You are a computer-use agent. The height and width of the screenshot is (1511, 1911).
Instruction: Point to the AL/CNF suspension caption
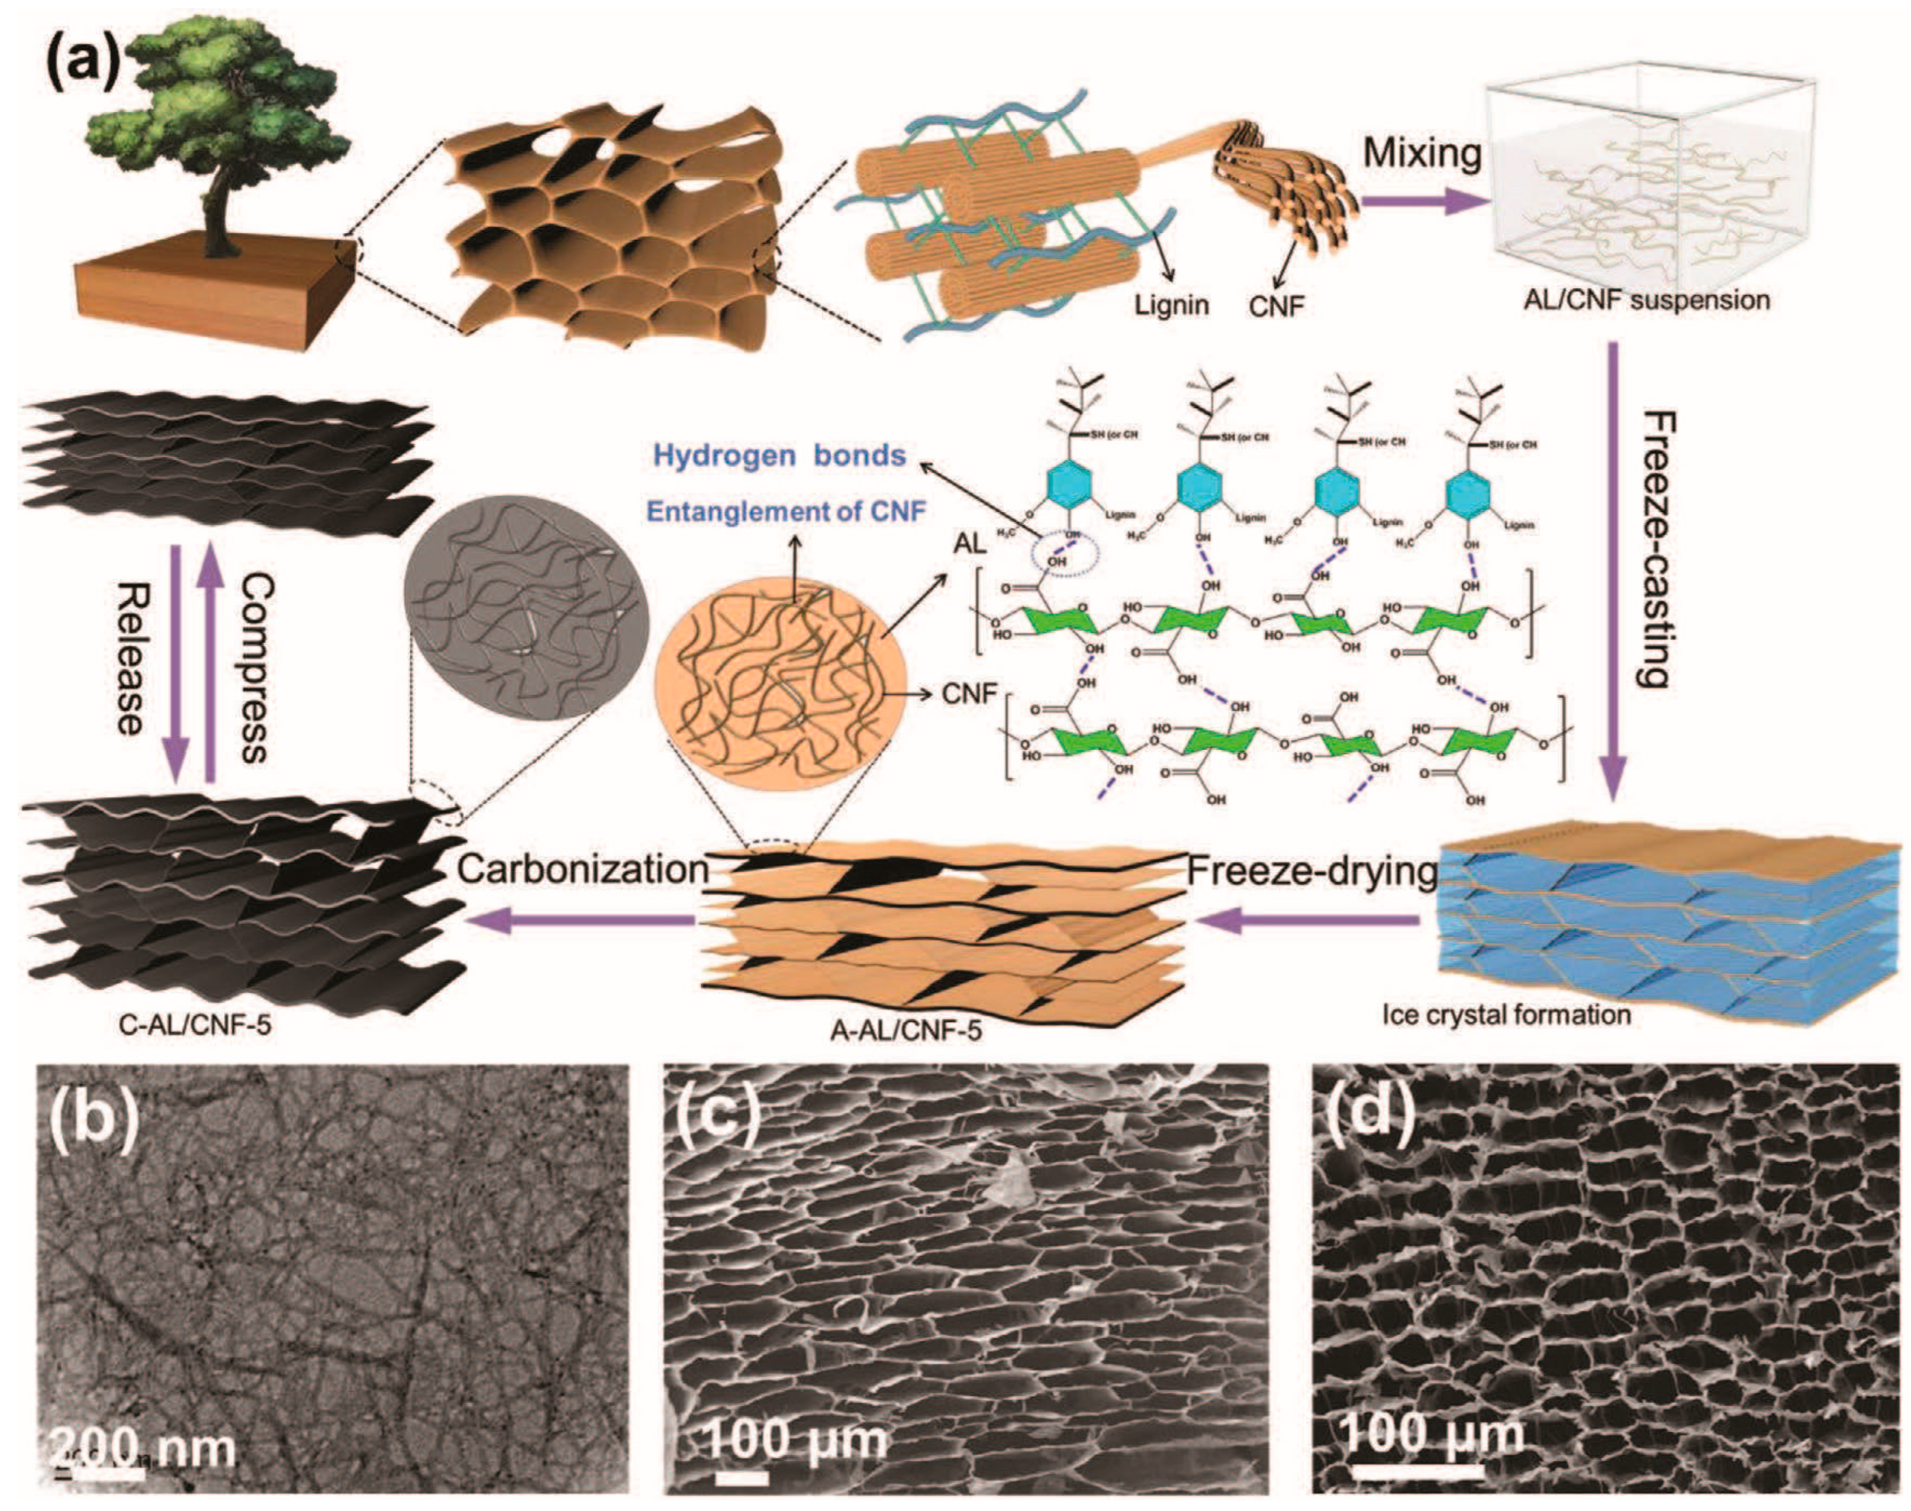tap(1646, 301)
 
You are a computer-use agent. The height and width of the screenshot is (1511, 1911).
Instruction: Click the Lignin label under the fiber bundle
tap(1171, 305)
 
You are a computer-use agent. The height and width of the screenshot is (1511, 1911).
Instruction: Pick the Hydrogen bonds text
tap(779, 456)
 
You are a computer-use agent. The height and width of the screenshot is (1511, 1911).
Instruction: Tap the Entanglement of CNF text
tap(785, 511)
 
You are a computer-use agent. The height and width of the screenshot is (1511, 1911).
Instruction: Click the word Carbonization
tap(583, 869)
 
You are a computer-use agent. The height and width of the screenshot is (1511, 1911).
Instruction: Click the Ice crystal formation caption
tap(1506, 1014)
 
